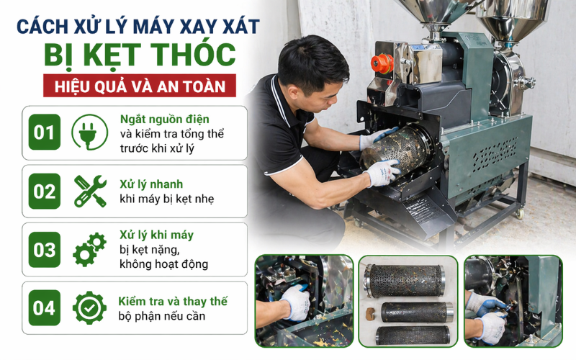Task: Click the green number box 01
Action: (45, 132)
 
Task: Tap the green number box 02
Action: (45, 192)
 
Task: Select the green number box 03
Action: (45, 250)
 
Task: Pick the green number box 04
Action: (45, 308)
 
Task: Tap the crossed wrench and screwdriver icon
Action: (89, 192)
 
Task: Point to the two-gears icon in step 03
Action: (89, 250)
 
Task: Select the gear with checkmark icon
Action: (89, 308)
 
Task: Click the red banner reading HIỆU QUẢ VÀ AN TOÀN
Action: (138, 87)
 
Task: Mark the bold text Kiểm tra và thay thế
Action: (173, 301)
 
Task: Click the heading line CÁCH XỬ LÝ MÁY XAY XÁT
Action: (138, 27)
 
